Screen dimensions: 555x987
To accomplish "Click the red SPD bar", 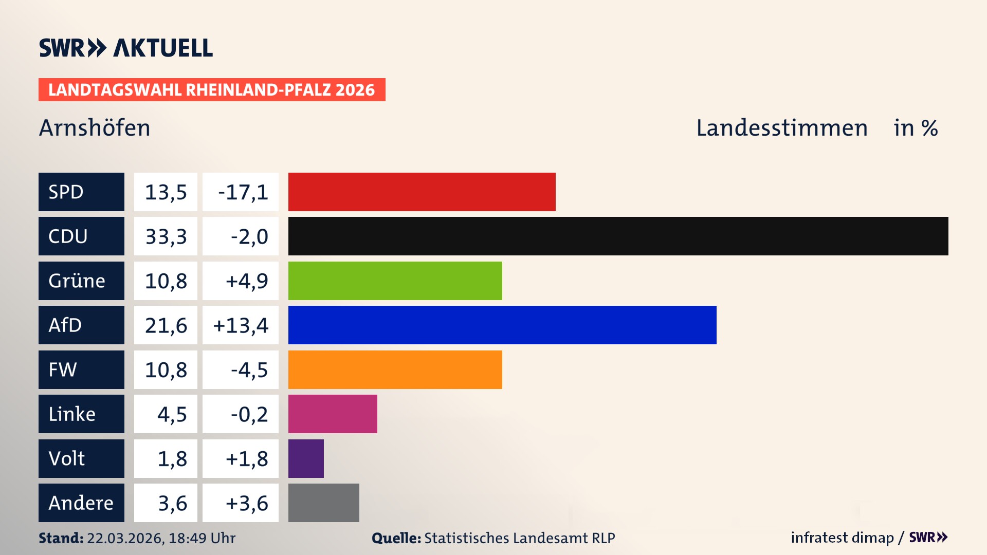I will pos(422,192).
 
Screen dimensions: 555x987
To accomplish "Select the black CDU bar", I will pos(618,236).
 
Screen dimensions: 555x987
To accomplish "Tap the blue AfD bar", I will pos(502,325).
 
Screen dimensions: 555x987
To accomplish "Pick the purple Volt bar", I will pos(306,458).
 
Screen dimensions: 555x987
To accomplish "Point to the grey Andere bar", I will pos(323,503).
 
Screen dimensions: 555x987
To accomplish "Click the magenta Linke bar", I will pos(333,414).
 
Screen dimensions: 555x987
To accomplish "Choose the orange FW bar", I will pos(395,369).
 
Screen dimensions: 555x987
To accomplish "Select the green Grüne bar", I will pos(395,281).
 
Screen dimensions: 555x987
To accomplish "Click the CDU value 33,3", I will pos(166,236).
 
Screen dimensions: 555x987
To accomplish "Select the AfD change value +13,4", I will pos(241,325).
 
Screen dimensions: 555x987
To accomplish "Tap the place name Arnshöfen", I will pos(95,127).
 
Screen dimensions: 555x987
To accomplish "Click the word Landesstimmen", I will pos(781,127).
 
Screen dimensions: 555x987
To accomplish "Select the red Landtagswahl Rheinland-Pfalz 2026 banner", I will pos(212,90).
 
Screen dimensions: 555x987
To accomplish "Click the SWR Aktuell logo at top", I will pos(126,48).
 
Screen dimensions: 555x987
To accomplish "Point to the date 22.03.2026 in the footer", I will pos(125,538).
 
